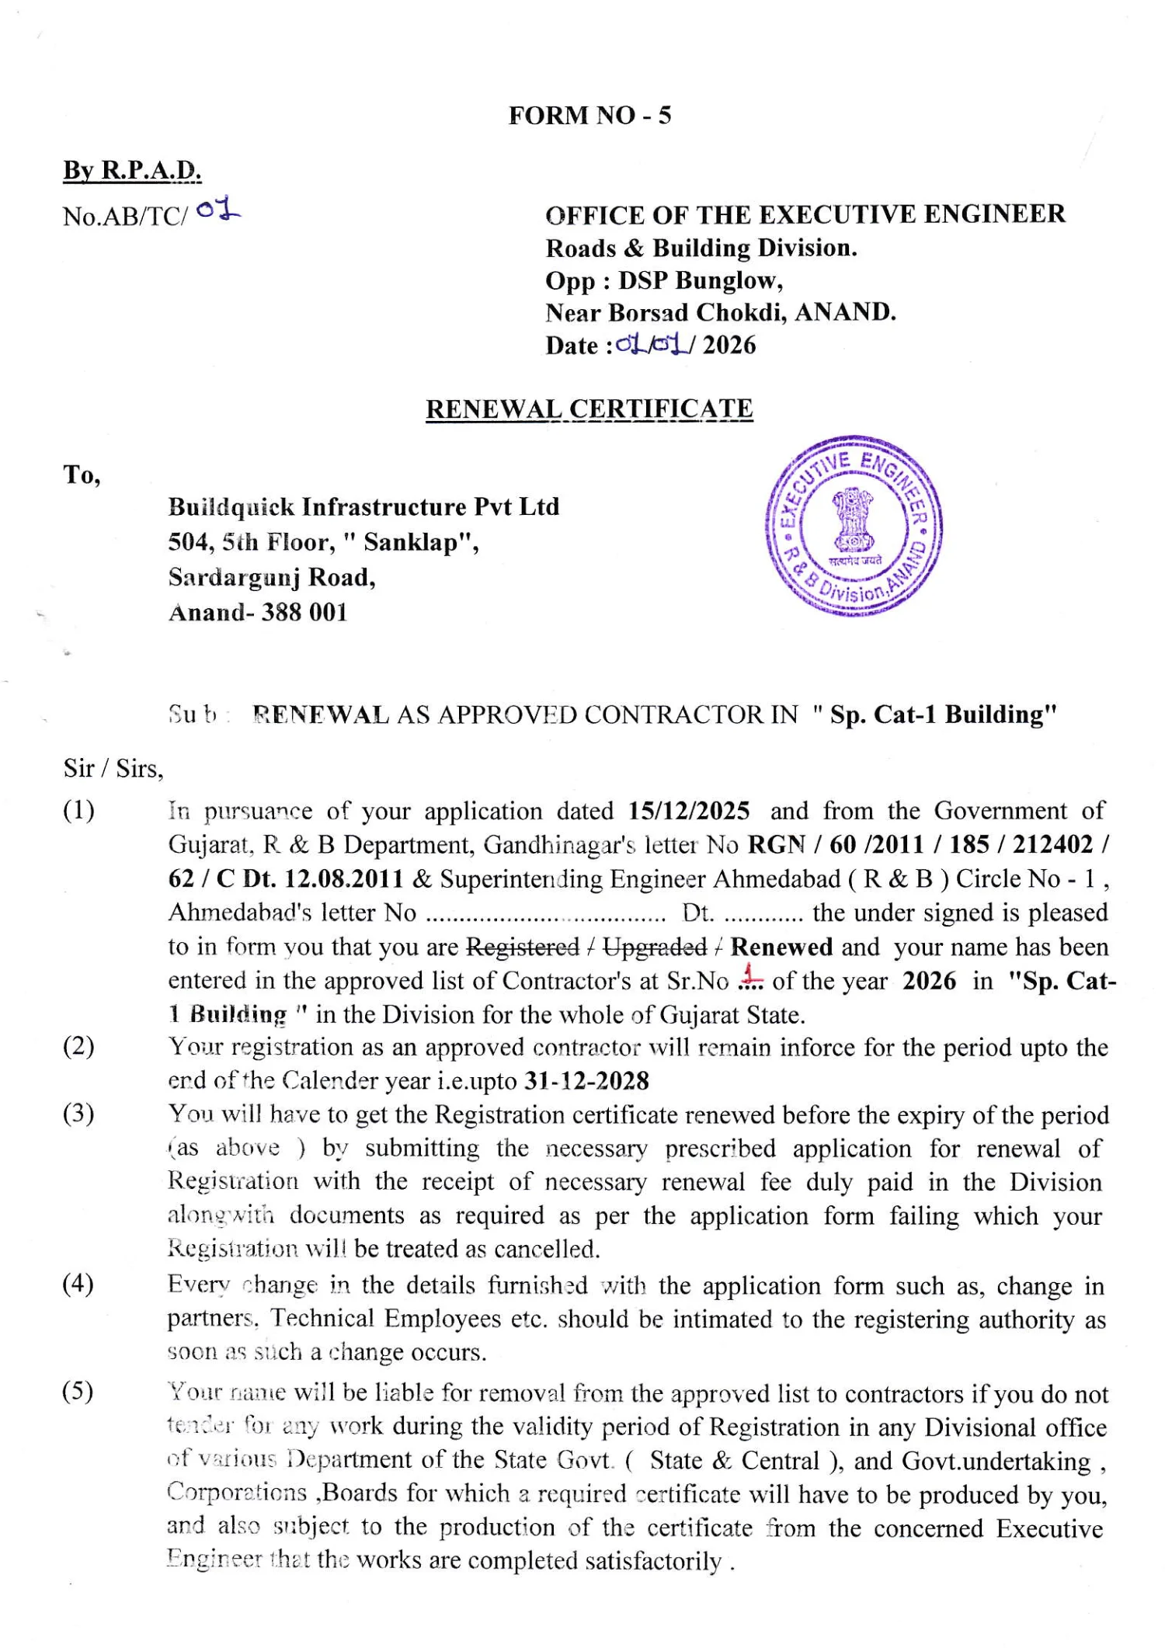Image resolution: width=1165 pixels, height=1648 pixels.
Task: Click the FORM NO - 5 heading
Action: (x=589, y=116)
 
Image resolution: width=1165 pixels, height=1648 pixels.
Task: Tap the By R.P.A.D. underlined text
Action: (x=132, y=170)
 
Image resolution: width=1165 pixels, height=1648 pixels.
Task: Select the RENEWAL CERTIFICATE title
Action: (x=589, y=409)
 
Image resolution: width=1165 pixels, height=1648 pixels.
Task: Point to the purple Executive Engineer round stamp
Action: (x=854, y=526)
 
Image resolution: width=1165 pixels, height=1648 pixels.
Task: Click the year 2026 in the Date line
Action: (x=729, y=345)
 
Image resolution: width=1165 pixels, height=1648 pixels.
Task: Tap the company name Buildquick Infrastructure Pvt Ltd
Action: (x=363, y=507)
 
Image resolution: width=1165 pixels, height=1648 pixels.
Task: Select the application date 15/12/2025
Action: (x=689, y=811)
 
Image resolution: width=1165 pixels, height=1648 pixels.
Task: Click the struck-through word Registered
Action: (x=523, y=947)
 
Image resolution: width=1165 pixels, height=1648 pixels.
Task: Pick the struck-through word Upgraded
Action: (x=655, y=947)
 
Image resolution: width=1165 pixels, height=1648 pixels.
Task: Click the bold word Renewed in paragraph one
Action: (x=781, y=947)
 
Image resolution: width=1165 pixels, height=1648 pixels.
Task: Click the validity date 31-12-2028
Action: (x=587, y=1081)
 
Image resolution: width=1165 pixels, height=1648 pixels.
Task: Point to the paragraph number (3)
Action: (x=78, y=1114)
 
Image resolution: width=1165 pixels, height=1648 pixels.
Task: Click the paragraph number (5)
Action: (x=78, y=1391)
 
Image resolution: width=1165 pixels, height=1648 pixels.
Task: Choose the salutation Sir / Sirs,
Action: (x=113, y=769)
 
